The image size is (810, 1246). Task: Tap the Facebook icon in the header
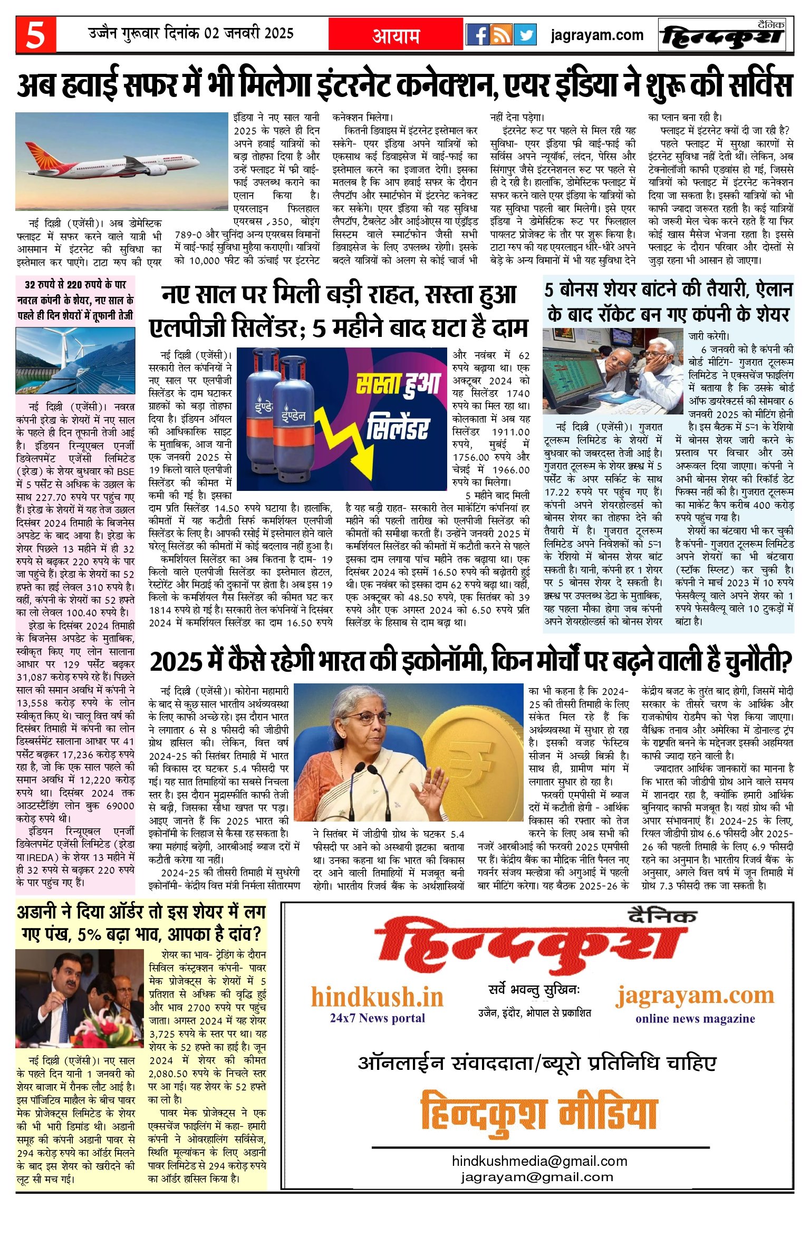(x=477, y=35)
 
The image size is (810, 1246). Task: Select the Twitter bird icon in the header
(x=525, y=35)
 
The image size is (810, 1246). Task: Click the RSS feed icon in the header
(x=501, y=35)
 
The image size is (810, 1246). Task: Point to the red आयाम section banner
(x=396, y=35)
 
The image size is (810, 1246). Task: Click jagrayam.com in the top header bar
(x=597, y=35)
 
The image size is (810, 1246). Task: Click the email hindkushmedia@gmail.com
(x=539, y=1161)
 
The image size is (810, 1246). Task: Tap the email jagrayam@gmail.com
(x=537, y=1177)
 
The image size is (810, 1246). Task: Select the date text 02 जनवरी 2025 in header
(x=249, y=34)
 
